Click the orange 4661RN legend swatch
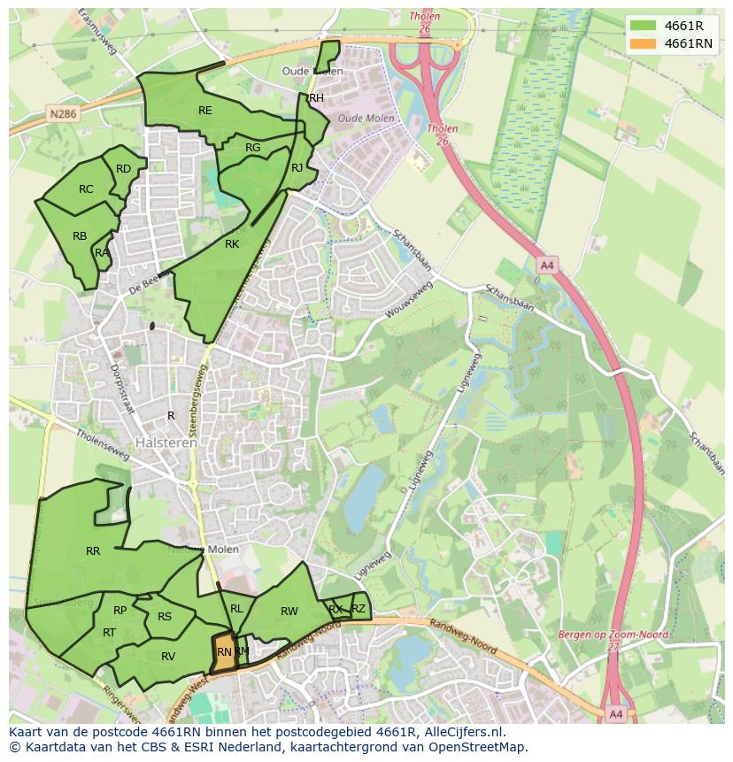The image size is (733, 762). click(644, 43)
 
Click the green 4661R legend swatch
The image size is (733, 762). click(644, 25)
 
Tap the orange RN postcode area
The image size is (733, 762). click(224, 652)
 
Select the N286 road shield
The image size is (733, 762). click(63, 114)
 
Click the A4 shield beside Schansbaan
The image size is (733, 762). click(546, 265)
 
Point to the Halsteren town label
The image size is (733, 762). click(166, 443)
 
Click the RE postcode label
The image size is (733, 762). click(205, 111)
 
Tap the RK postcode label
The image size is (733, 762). click(232, 244)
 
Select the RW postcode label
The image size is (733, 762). click(289, 612)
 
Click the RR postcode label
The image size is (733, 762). click(93, 551)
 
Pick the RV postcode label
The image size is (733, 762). click(168, 656)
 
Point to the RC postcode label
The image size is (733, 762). click(86, 189)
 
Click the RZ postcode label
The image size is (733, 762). click(359, 608)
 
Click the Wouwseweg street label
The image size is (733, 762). click(408, 301)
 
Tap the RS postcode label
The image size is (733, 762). click(165, 617)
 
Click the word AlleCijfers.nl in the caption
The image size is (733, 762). click(461, 732)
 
